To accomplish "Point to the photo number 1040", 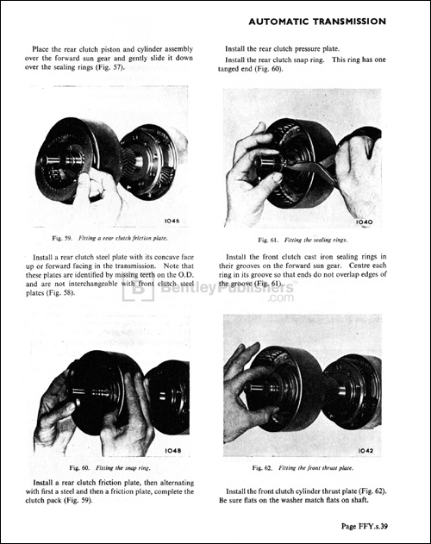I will [364, 222].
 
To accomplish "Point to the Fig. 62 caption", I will [303, 466].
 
